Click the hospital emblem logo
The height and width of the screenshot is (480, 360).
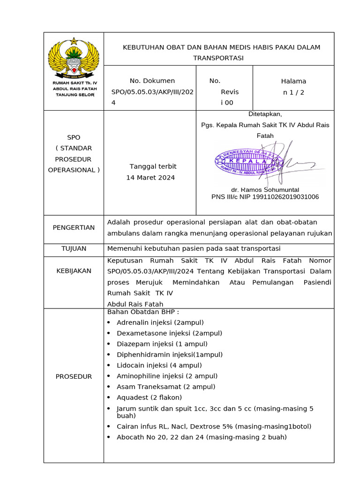74,58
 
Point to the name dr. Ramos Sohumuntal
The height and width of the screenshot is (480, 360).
265,189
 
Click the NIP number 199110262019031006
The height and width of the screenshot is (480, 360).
285,197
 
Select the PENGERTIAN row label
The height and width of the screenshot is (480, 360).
74,227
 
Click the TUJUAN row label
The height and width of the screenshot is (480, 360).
74,248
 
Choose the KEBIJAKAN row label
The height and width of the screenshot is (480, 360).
74,270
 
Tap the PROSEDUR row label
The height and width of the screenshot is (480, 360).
74,376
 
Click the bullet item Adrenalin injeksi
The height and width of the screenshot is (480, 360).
160,322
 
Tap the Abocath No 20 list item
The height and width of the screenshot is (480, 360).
202,437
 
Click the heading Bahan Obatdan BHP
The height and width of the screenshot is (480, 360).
143,312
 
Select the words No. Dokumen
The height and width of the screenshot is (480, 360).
152,81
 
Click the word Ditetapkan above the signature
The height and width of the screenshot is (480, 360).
265,114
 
